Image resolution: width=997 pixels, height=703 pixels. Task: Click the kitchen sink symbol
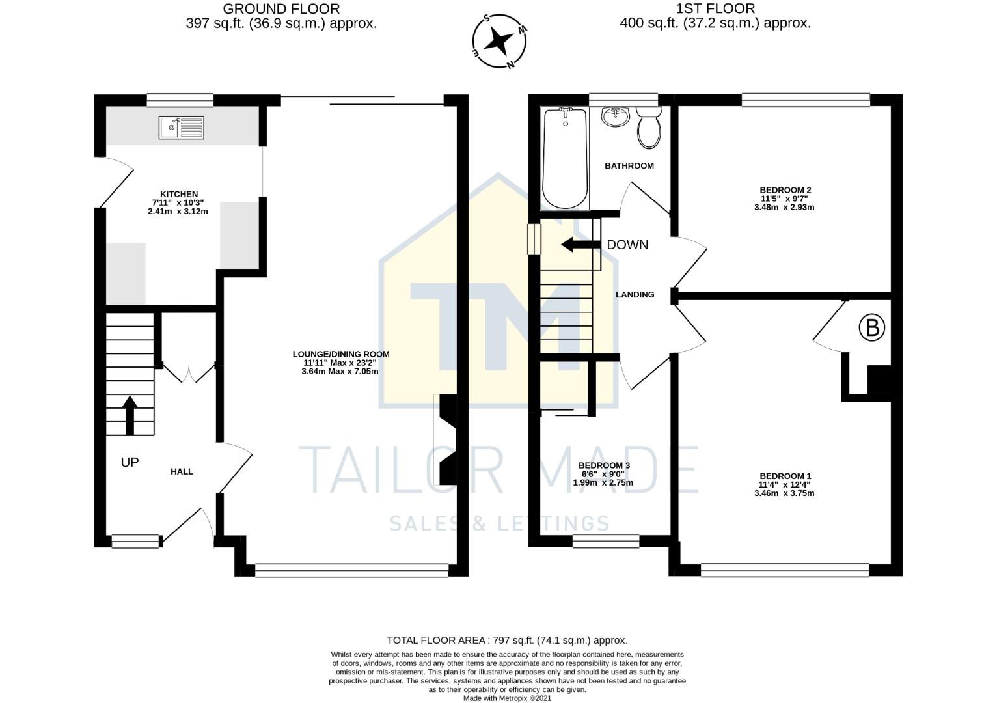pyautogui.click(x=181, y=128)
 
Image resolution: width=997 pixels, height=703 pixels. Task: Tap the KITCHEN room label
pyautogui.click(x=179, y=194)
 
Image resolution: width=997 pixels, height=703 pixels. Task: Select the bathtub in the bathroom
pyautogui.click(x=566, y=158)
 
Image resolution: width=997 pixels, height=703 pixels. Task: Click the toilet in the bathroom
pyautogui.click(x=649, y=128)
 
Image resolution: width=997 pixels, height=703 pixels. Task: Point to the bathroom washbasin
pyautogui.click(x=615, y=117)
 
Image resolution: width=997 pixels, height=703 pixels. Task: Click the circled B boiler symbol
pyautogui.click(x=871, y=328)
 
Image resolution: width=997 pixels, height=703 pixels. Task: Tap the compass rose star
pyautogui.click(x=498, y=40)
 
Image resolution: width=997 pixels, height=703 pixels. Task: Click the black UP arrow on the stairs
pyautogui.click(x=130, y=415)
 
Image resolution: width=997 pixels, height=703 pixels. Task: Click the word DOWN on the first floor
pyautogui.click(x=627, y=245)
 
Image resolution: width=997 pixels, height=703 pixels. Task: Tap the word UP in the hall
pyautogui.click(x=130, y=463)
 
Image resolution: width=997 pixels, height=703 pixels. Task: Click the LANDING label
pyautogui.click(x=635, y=294)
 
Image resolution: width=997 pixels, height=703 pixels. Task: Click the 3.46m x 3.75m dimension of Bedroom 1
pyautogui.click(x=784, y=493)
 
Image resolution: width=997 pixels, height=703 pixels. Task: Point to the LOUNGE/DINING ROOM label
pyautogui.click(x=341, y=354)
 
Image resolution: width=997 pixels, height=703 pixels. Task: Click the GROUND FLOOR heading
pyautogui.click(x=281, y=9)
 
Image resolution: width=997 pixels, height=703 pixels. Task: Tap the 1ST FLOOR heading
pyautogui.click(x=715, y=9)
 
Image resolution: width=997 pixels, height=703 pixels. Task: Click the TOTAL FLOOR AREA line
pyautogui.click(x=508, y=641)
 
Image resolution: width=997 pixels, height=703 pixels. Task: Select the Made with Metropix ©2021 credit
pyautogui.click(x=508, y=698)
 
